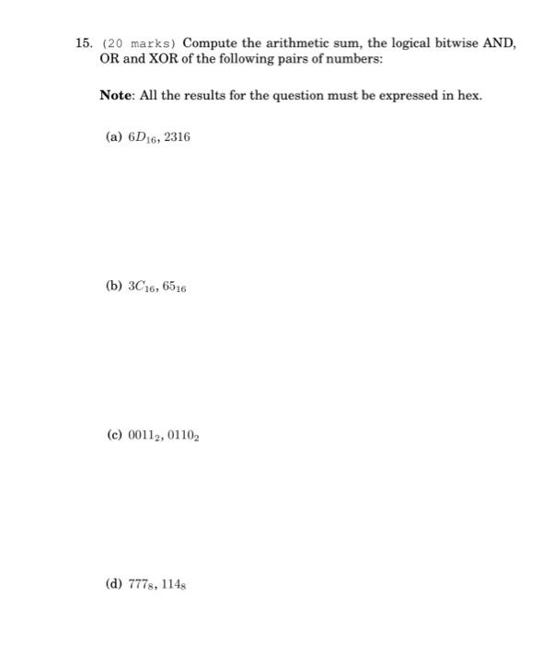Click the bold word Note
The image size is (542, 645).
(x=118, y=96)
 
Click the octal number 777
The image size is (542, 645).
(x=143, y=584)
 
